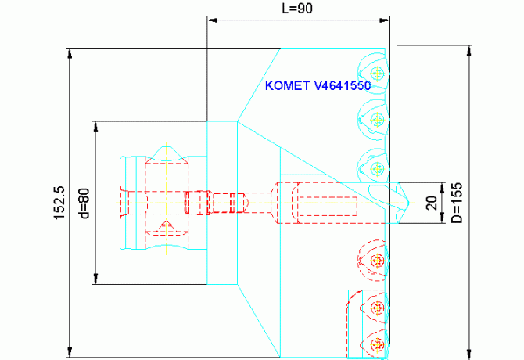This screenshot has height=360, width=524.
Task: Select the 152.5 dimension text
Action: point(59,203)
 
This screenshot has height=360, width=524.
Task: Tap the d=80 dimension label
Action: point(84,204)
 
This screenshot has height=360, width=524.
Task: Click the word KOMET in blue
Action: point(288,86)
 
